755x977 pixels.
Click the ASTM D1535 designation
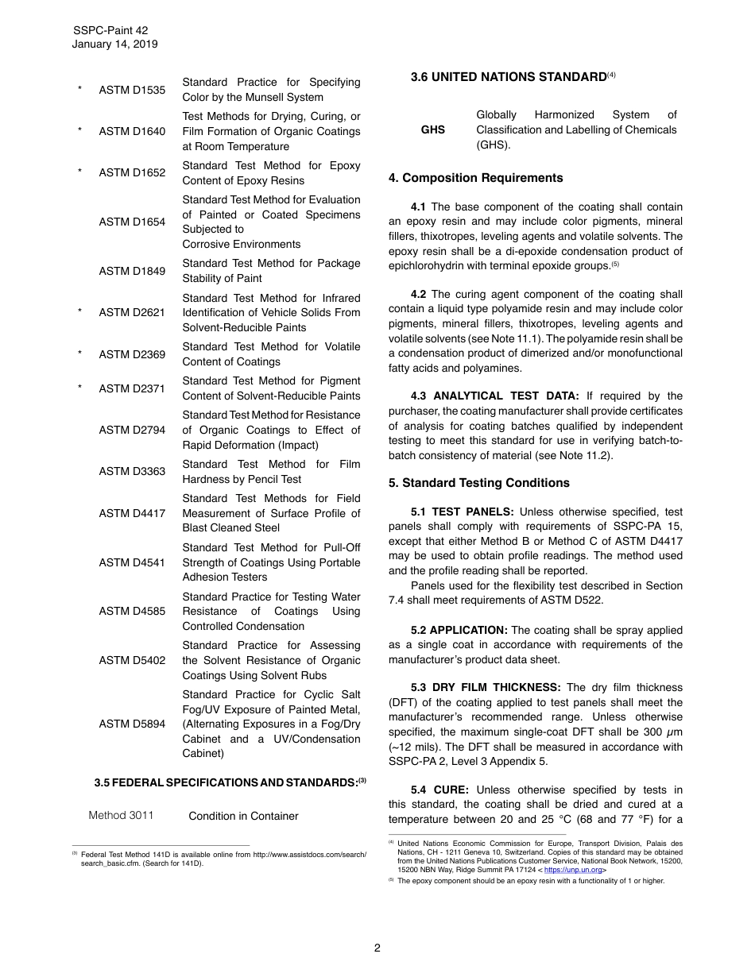tap(132, 90)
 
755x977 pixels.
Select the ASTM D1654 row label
tap(132, 222)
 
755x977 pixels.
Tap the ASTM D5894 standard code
tap(132, 724)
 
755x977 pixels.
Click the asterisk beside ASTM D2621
tap(79, 312)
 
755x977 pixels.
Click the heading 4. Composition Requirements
tap(475, 178)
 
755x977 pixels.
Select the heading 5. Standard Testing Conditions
tap(479, 483)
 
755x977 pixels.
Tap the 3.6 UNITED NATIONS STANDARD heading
tap(509, 77)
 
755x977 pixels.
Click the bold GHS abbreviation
tap(433, 129)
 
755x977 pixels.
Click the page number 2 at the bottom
tap(377, 948)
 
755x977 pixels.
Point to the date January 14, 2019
tap(114, 44)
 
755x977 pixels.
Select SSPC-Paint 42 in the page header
tap(110, 30)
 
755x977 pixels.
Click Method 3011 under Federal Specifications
tap(121, 815)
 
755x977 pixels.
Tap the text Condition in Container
tap(243, 816)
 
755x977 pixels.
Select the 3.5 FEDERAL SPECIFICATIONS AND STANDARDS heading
tap(226, 782)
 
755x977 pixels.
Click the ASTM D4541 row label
tap(132, 562)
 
